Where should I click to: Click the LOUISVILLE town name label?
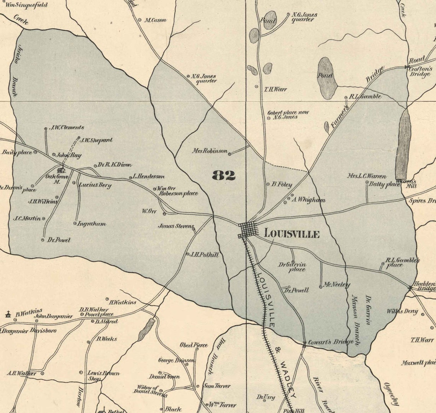coord(291,234)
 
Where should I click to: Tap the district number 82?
coord(224,175)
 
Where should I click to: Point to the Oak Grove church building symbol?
coord(60,170)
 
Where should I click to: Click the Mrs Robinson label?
coord(210,151)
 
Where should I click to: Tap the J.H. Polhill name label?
coord(205,254)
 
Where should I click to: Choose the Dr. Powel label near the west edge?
coord(59,240)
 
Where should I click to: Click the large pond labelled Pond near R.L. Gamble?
coord(327,78)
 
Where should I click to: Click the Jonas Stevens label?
coord(176,226)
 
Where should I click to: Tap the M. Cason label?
coord(155,20)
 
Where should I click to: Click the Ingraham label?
coord(91,224)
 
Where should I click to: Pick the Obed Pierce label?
coord(194,345)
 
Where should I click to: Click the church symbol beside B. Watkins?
coord(7,315)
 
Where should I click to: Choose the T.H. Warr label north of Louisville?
coord(275,89)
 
